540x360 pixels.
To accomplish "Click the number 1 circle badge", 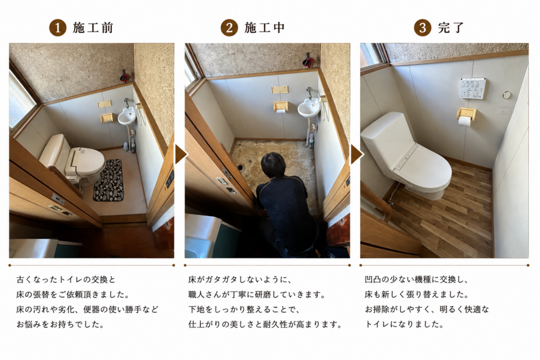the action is tap(57, 28).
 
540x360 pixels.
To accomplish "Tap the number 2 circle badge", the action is tap(229, 28).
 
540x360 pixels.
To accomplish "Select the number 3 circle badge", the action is tap(422, 28).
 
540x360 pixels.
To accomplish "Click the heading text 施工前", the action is tap(93, 28).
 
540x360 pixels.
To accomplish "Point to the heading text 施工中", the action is tap(265, 28).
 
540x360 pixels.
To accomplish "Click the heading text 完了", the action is tap(451, 28).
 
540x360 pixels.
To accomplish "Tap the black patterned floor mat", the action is tap(108, 180).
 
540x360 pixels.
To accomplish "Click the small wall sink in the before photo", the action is tap(127, 116).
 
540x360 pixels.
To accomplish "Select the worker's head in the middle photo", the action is tap(273, 165).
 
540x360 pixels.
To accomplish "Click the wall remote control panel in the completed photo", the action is tap(473, 88).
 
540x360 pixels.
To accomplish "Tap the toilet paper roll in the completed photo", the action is tap(465, 121).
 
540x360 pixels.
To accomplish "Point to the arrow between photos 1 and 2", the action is tap(180, 154).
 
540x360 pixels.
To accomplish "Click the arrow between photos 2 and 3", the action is tap(356, 154).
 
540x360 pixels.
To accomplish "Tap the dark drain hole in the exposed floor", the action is tap(240, 168).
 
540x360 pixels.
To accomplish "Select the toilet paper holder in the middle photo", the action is tap(281, 106).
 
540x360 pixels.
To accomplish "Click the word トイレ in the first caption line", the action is tap(72, 279).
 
